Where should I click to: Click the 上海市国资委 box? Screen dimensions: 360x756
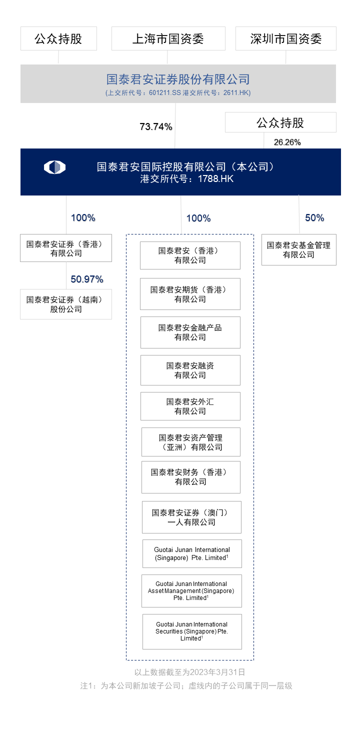[x=168, y=38]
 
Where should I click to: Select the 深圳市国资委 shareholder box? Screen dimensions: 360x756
[x=286, y=38]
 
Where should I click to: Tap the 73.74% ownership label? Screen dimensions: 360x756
[x=156, y=126]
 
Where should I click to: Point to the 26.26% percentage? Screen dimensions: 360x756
[x=287, y=142]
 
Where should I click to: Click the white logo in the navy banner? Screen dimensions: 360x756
[x=54, y=167]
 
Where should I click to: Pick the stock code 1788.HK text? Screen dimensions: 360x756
[x=215, y=178]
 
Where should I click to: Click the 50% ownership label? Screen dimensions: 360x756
[x=314, y=217]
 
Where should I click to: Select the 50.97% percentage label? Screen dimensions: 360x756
[x=86, y=279]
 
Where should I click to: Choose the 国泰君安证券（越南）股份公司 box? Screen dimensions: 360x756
[x=66, y=304]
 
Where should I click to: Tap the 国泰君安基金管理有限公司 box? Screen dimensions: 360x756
[x=299, y=250]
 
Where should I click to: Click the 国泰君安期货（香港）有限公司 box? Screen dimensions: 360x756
[x=190, y=294]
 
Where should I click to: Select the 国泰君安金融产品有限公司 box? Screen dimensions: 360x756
[x=190, y=332]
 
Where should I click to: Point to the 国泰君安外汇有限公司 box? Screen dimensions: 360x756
[x=190, y=406]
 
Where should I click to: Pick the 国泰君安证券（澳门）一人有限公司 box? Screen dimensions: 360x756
[x=191, y=517]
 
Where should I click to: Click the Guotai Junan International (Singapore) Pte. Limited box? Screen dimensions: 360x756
[x=192, y=554]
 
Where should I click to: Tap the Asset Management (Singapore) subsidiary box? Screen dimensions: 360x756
[x=191, y=591]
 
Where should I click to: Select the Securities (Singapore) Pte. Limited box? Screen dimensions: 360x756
[x=192, y=632]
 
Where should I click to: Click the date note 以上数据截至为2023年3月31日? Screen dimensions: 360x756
[x=189, y=672]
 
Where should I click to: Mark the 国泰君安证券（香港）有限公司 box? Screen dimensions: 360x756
[x=66, y=248]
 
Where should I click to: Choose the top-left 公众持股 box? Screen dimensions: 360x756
[x=58, y=38]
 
